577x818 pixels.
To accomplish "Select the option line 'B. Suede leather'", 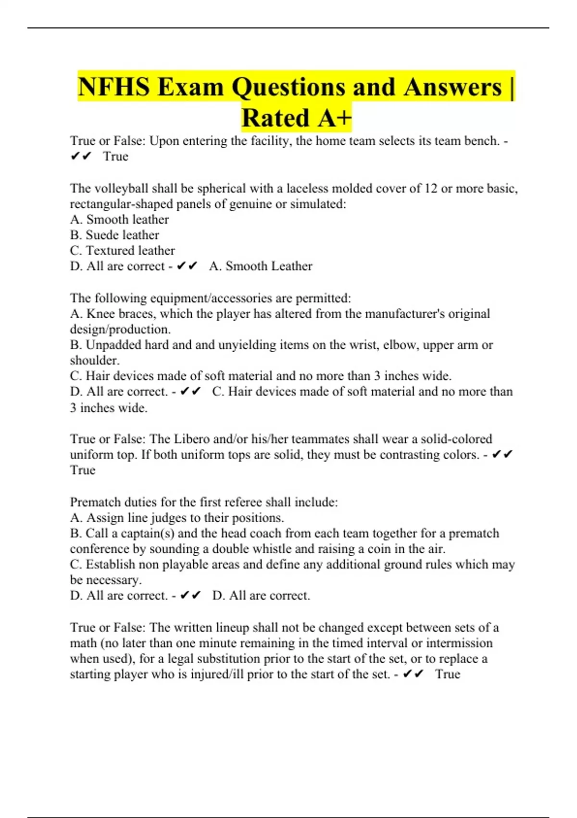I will (114, 235).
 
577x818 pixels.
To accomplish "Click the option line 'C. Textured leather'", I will (122, 251).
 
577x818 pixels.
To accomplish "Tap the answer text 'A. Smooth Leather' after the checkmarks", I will (261, 266).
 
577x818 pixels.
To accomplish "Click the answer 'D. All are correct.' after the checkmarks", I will (261, 596).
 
